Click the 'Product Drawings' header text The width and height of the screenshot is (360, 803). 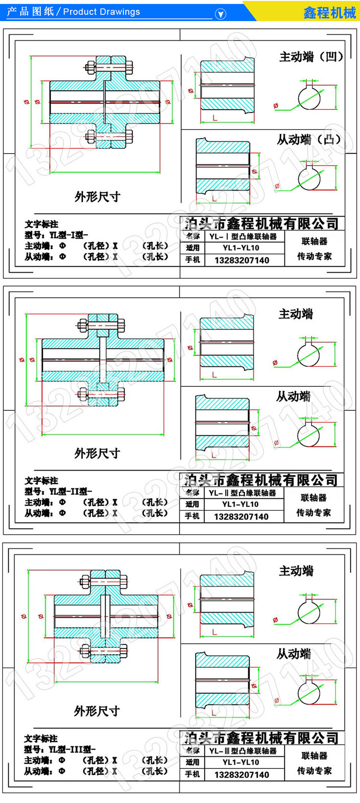pyautogui.click(x=101, y=12)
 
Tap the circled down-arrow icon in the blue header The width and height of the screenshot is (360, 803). pyautogui.click(x=220, y=14)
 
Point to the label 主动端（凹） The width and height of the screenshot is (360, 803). pyautogui.click(x=311, y=57)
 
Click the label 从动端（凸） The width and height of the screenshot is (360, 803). pyautogui.click(x=309, y=140)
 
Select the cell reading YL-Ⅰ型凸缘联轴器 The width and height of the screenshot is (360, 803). pyautogui.click(x=243, y=237)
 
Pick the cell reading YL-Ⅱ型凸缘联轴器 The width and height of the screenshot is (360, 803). pyautogui.click(x=242, y=493)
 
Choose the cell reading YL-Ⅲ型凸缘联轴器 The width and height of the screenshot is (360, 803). pyautogui.click(x=243, y=751)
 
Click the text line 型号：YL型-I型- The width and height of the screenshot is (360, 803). pyautogui.click(x=56, y=235)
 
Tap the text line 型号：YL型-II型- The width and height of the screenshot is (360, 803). pyautogui.click(x=58, y=491)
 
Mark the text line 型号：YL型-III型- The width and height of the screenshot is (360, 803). pyautogui.click(x=60, y=749)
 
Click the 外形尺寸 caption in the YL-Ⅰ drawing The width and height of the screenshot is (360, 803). pyautogui.click(x=97, y=197)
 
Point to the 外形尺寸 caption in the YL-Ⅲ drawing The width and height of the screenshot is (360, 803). pyautogui.click(x=96, y=711)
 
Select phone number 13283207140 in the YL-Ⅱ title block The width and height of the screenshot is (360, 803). pyautogui.click(x=241, y=517)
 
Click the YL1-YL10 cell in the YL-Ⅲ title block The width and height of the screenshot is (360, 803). pyautogui.click(x=241, y=762)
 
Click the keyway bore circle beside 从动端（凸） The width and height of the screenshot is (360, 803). pyautogui.click(x=309, y=179)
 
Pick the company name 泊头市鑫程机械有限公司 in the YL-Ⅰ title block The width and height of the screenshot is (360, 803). pyautogui.click(x=262, y=224)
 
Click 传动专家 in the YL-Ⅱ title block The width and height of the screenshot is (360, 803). pyautogui.click(x=313, y=513)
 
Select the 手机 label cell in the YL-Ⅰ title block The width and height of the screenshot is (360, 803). pyautogui.click(x=192, y=260)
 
